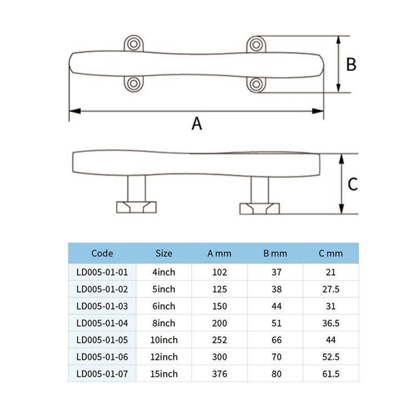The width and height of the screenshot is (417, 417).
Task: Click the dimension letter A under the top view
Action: [196, 124]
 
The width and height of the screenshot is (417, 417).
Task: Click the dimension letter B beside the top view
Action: [351, 64]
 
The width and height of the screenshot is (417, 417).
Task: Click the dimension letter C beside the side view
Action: [352, 184]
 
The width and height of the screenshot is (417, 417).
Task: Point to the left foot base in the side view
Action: [136, 206]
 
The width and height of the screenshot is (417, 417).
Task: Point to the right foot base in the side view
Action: [260, 208]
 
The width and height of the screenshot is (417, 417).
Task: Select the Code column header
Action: [102, 253]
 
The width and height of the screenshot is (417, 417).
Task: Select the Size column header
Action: [164, 253]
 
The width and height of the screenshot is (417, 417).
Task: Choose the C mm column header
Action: [331, 253]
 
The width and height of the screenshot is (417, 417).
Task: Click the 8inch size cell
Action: [164, 323]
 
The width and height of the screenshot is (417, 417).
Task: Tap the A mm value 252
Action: [219, 340]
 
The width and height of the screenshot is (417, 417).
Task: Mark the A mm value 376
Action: [219, 374]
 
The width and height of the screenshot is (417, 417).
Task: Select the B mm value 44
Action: [276, 306]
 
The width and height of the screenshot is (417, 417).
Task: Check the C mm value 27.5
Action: [331, 289]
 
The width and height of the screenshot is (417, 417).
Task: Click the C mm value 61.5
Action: [331, 374]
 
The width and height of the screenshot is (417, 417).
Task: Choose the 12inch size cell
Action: [164, 357]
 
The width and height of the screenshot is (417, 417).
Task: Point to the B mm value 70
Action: [276, 357]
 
